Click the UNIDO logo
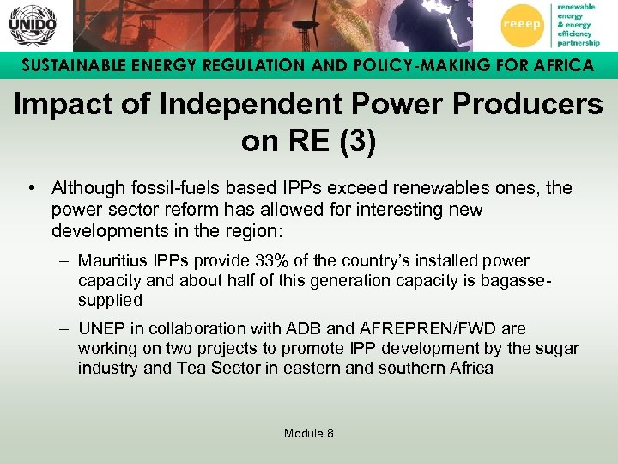click(32, 26)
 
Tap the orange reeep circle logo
click(522, 26)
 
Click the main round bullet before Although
click(31, 188)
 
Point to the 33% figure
click(274, 260)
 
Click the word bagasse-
click(519, 281)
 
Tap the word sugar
click(560, 348)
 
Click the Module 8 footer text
click(309, 433)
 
